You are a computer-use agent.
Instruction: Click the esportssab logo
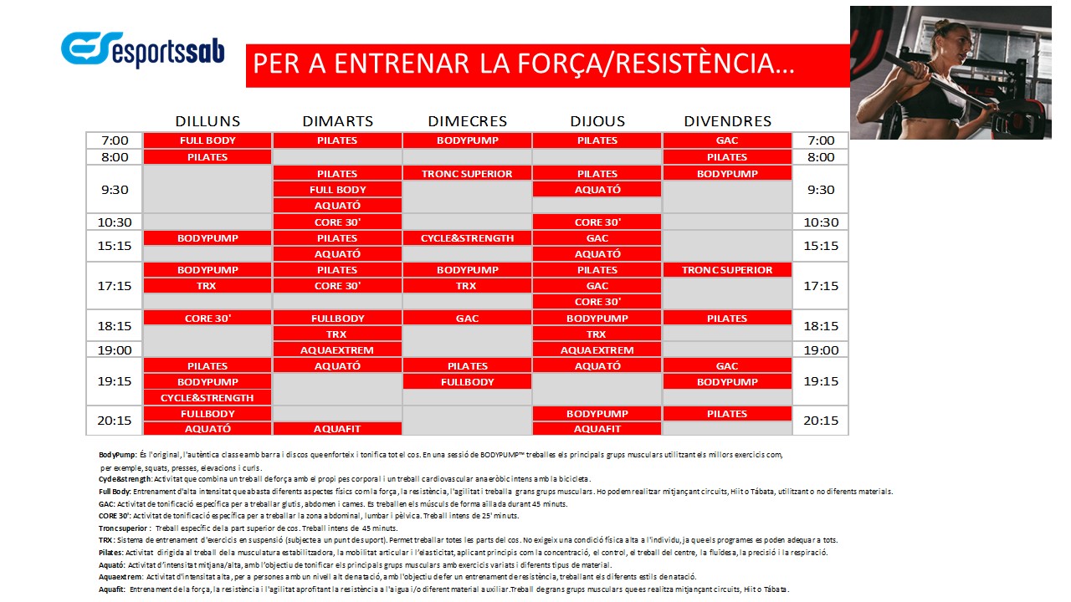coord(143,50)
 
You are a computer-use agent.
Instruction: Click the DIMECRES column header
coord(467,121)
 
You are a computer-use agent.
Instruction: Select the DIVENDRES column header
coord(727,121)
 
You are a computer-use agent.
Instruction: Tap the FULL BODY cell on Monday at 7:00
coord(208,140)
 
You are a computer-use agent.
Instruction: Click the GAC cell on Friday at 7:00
coord(727,140)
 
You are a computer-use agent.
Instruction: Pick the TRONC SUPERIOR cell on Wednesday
coord(467,173)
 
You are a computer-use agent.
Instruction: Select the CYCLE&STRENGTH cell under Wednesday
coord(467,238)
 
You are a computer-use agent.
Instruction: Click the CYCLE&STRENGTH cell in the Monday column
coord(208,398)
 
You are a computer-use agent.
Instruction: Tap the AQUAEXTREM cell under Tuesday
coord(337,350)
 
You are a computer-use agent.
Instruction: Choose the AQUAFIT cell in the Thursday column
coord(597,429)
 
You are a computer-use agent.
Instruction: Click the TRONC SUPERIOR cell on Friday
coord(727,270)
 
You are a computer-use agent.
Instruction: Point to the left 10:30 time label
coord(115,222)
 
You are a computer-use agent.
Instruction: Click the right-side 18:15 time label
coord(821,326)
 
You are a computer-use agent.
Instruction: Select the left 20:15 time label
coord(115,421)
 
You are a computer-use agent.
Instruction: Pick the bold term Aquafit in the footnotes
coord(111,589)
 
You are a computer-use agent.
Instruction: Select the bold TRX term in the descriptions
coord(105,540)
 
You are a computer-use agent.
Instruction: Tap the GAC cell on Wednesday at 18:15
coord(467,319)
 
